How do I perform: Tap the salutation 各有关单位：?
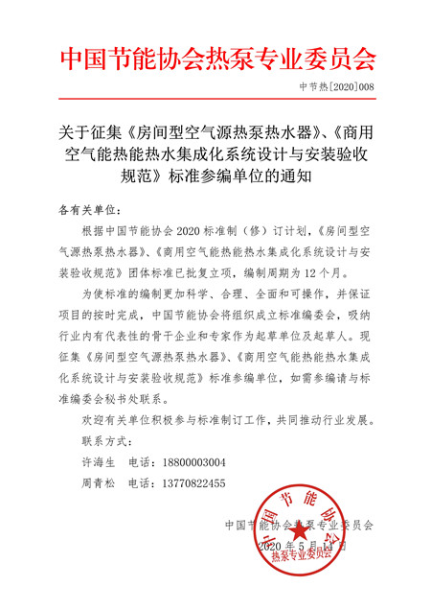click(x=86, y=208)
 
